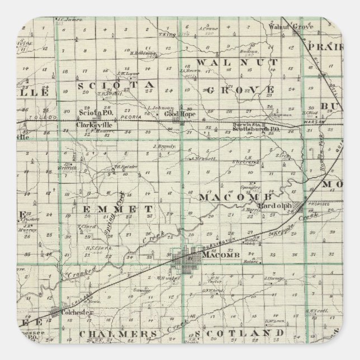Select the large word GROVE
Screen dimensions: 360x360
click(239, 89)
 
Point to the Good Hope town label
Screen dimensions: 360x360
click(174, 113)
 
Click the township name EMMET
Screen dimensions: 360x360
click(116, 209)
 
